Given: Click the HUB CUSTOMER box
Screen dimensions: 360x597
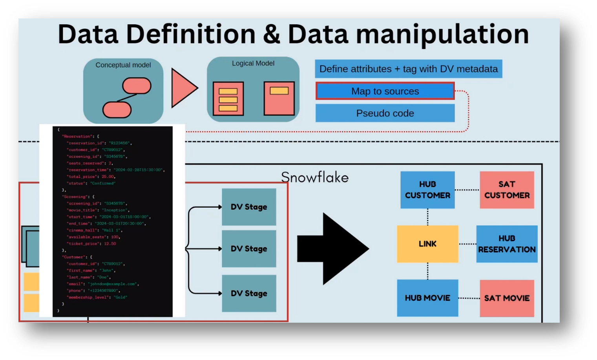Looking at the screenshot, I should click(427, 190).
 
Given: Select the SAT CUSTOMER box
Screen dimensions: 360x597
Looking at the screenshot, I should click(507, 190).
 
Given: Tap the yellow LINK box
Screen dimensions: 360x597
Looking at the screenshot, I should click(427, 244).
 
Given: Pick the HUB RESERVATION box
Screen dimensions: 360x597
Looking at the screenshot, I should click(507, 244).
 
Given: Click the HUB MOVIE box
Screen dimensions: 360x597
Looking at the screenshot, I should click(427, 298).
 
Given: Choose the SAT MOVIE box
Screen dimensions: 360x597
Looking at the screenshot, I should click(507, 298).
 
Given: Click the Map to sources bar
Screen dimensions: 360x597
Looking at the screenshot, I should click(385, 91).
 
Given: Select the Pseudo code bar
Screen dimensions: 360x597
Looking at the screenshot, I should click(385, 113).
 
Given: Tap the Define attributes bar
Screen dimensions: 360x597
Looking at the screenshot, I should click(408, 69).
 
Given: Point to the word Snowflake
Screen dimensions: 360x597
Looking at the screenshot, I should click(315, 177).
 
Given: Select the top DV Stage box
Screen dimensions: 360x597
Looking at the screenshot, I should click(249, 207).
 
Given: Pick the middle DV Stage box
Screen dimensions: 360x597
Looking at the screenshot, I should click(249, 249).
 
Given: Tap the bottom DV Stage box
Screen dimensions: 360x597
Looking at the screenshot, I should click(249, 293).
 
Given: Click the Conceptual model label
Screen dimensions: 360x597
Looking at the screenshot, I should click(123, 65).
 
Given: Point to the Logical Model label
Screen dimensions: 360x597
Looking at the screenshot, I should click(253, 63).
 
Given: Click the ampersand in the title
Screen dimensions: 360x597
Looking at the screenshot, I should click(272, 34).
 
